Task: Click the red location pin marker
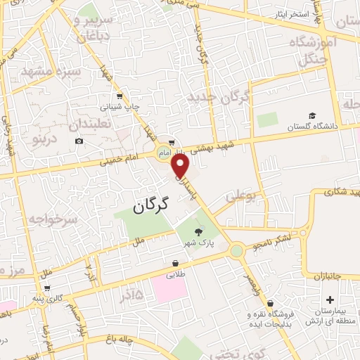point(181,166)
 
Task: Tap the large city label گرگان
point(150,206)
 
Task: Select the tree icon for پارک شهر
point(198,231)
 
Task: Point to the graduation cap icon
point(311,115)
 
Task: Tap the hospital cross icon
point(330,300)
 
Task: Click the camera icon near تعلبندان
point(79,141)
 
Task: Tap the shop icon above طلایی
point(174,264)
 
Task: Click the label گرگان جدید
point(219,98)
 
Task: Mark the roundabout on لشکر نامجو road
point(237,250)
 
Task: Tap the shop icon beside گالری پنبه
point(47,288)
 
